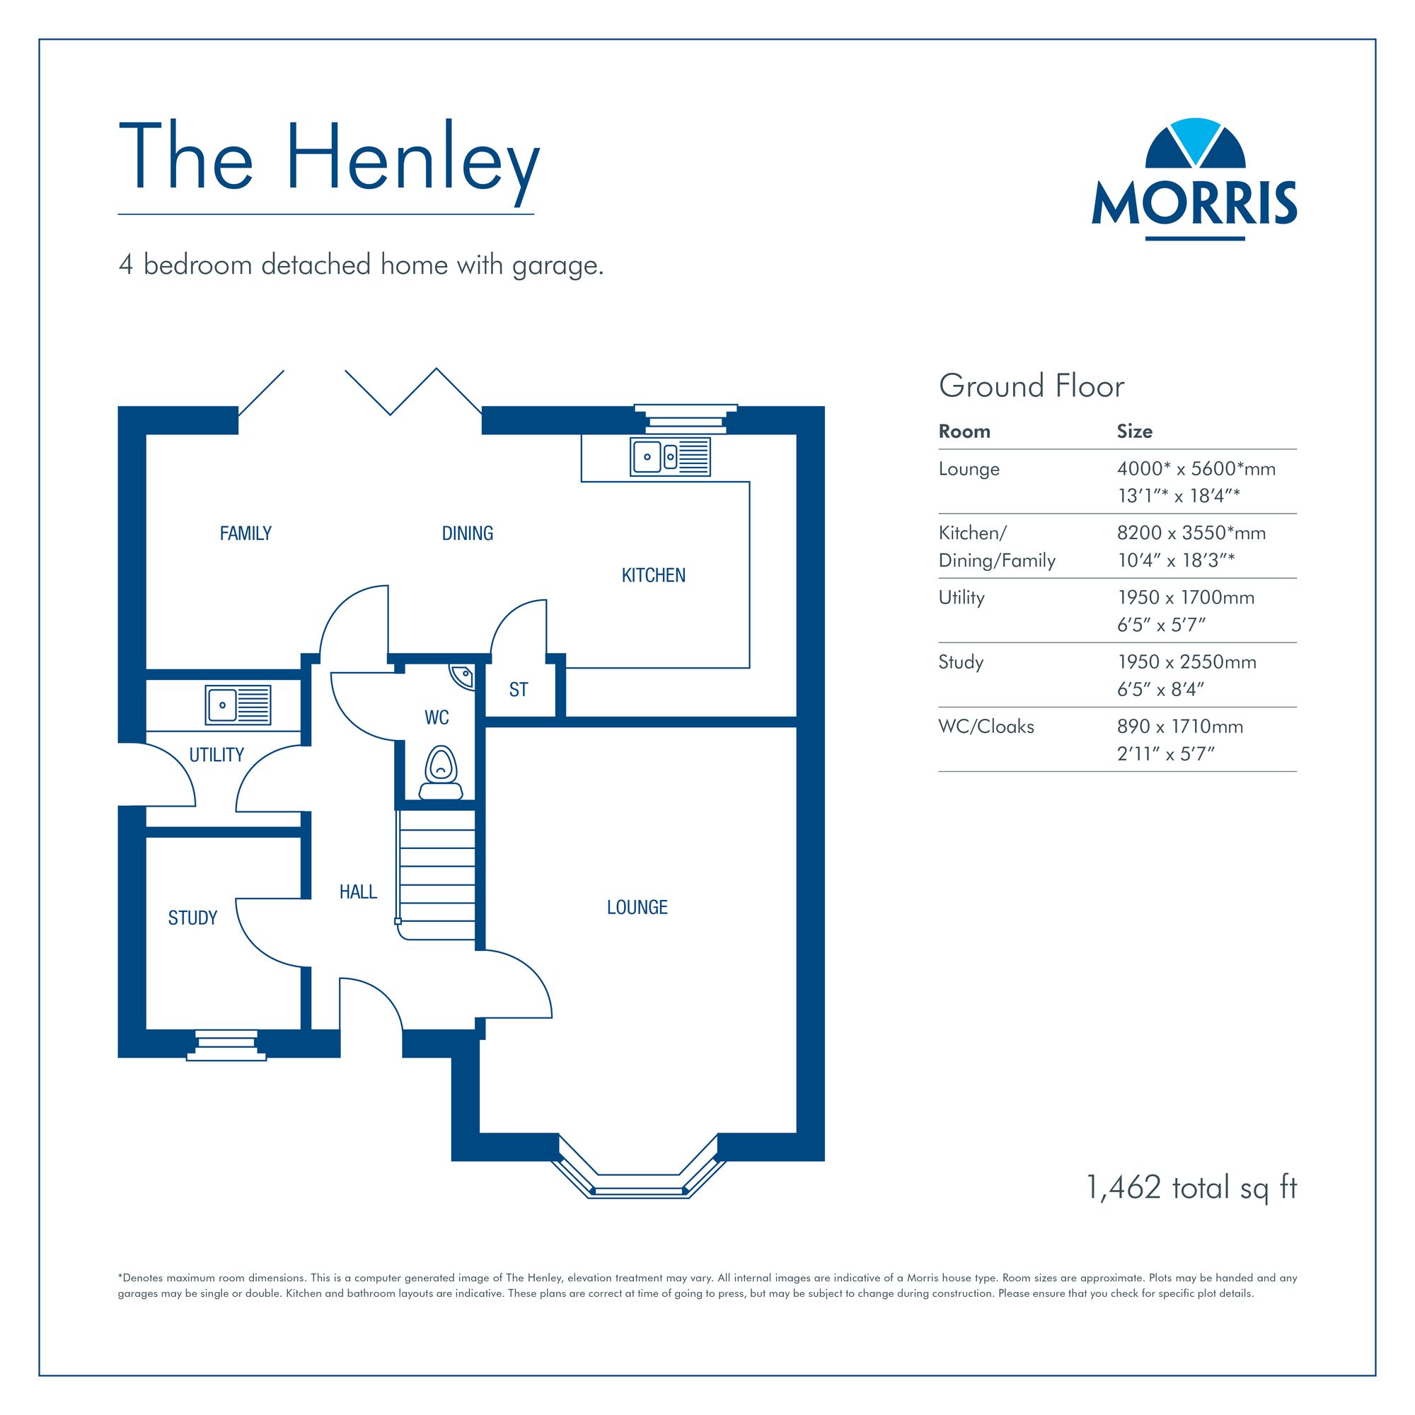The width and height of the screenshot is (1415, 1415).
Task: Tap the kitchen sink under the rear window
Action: point(670,456)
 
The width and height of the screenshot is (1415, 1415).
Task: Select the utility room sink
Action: point(238,705)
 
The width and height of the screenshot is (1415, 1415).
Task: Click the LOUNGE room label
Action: point(637,908)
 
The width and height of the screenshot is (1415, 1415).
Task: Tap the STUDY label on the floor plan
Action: point(192,918)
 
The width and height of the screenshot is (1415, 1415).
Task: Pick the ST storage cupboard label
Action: point(519,689)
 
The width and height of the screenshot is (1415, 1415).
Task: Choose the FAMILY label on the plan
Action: point(246,533)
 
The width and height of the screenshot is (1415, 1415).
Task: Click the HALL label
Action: point(358,891)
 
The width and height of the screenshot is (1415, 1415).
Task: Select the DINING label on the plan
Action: point(467,533)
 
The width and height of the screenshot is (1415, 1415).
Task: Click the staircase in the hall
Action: point(437,874)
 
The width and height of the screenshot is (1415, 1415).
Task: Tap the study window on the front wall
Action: point(226,1046)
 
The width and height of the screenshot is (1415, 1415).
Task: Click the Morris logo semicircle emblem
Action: point(1194,143)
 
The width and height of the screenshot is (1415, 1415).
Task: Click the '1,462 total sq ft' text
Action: point(1191,1188)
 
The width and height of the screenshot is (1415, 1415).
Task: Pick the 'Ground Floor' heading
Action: point(1032,386)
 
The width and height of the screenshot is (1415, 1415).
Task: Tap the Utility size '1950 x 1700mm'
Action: point(1186,598)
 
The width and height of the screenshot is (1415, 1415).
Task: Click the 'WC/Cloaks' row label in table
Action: point(986,727)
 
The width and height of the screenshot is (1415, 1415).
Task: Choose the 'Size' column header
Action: point(1135,432)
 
